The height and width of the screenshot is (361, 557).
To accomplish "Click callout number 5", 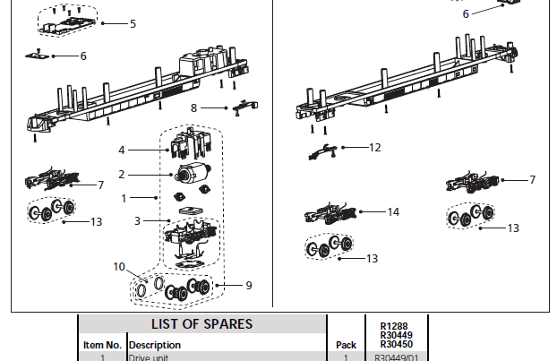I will [133, 23].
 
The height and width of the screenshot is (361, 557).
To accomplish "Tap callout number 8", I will [193, 107].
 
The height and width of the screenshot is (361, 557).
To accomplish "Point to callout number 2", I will [123, 174].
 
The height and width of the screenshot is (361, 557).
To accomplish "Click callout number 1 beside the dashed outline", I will [124, 195].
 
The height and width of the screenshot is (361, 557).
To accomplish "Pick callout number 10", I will [119, 266].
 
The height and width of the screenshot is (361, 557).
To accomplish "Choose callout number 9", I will [249, 286].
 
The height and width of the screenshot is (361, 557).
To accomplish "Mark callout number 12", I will [374, 147].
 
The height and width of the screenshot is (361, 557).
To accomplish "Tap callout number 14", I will [393, 212].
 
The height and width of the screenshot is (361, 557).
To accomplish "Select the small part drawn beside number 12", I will [322, 151].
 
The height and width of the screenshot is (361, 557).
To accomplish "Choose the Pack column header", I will [346, 344].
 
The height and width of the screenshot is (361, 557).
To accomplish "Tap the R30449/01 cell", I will [395, 357].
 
